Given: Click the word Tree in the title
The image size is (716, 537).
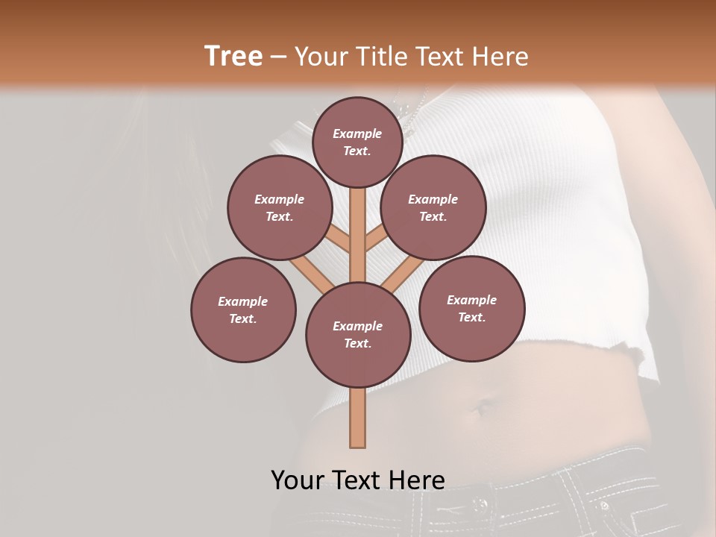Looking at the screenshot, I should [x=233, y=56].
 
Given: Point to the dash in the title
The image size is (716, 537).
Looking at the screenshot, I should [x=278, y=57].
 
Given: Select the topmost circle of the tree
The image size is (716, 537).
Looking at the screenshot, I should [x=357, y=142].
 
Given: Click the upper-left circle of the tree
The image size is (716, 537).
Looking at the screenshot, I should [x=280, y=207].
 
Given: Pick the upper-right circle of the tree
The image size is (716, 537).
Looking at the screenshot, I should [x=433, y=207].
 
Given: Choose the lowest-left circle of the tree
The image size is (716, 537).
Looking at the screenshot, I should [x=243, y=310].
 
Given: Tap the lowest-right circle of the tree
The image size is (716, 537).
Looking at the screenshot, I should [x=471, y=308].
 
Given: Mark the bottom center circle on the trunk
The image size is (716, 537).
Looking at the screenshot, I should [x=358, y=334].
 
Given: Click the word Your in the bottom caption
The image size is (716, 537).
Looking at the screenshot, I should [x=298, y=480].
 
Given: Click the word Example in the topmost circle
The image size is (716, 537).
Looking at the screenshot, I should [x=357, y=134].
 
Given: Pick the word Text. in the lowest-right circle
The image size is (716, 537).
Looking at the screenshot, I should [x=471, y=317].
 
